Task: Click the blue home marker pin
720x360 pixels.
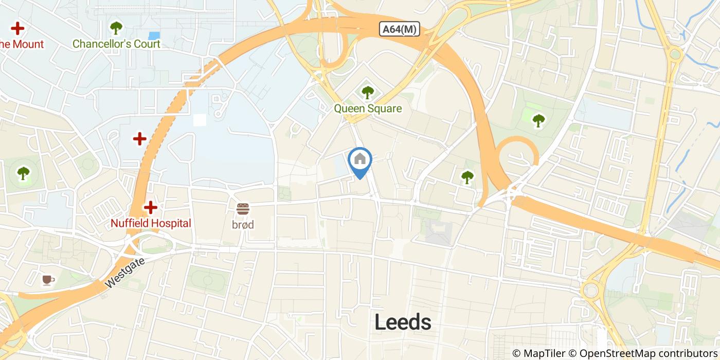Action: coord(360,161)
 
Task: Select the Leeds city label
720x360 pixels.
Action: coord(403,322)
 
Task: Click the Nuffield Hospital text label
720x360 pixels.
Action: coord(151,223)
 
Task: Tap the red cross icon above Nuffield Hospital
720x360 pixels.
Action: coord(150,207)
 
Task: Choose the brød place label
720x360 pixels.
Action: coord(243,225)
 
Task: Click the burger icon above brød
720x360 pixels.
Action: coord(243,209)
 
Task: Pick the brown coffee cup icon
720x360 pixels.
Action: coord(48,280)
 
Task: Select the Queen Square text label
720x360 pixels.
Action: coord(368,109)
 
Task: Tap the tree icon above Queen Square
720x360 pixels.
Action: coord(367,93)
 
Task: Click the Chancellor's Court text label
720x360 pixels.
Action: coord(116,44)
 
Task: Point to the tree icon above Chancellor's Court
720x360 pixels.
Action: coord(116,27)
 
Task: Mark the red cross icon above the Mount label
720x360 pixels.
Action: coord(18,28)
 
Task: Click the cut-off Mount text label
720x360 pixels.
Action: coord(22,44)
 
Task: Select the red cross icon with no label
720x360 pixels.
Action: coord(139,139)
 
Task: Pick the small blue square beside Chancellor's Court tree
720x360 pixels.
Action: coord(154,35)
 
